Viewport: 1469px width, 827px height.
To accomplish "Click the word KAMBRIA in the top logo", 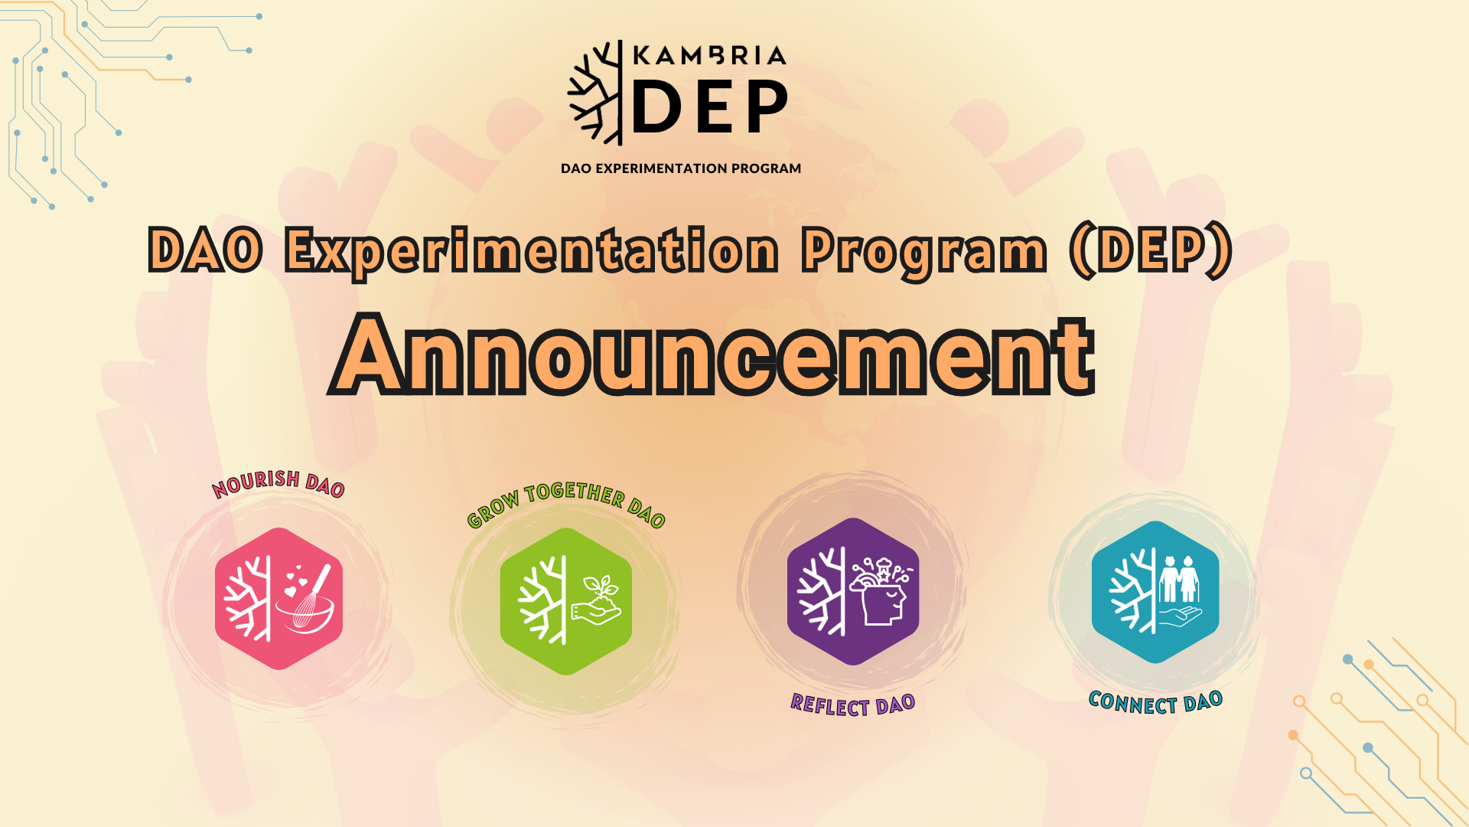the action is click(x=709, y=56).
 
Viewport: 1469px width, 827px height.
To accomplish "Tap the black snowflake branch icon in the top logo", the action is click(x=594, y=93).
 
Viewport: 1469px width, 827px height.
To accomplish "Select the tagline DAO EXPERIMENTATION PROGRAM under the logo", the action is click(x=681, y=168).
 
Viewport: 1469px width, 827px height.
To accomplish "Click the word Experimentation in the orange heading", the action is click(x=532, y=250).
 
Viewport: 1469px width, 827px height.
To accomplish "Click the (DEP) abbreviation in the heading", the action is click(x=1151, y=250).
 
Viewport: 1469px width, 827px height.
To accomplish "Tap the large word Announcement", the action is click(x=713, y=355).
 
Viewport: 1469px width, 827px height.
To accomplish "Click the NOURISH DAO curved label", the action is click(x=278, y=484).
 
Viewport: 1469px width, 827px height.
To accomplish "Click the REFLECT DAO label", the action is click(x=853, y=704).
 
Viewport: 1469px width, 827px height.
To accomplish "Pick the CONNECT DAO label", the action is click(x=1155, y=702).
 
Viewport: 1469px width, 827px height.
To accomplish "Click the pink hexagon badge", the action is click(x=278, y=599).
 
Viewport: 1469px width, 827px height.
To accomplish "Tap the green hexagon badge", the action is click(x=566, y=601).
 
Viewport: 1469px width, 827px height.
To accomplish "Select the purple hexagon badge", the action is click(x=853, y=591).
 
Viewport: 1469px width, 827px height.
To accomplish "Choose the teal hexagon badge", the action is click(x=1155, y=592).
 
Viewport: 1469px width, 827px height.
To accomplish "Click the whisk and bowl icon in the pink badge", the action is click(x=306, y=600).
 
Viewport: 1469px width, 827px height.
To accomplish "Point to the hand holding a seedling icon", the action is click(x=597, y=600).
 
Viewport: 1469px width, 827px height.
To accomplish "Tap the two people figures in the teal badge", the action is click(x=1179, y=579).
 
